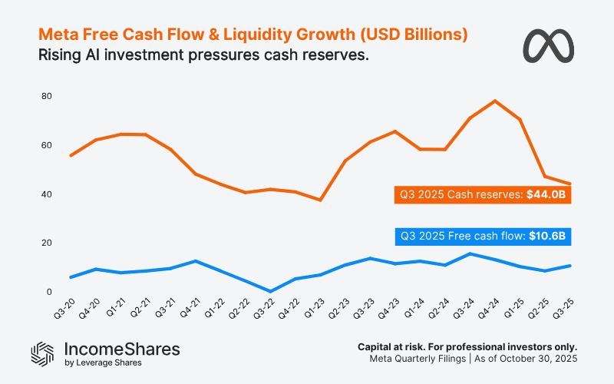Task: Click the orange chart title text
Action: [253, 35]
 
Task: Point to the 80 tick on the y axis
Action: [47, 96]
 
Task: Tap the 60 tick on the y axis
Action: [47, 145]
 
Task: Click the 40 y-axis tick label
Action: [47, 194]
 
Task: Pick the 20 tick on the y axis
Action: [47, 243]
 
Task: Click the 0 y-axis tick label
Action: [49, 292]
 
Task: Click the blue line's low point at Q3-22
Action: [270, 292]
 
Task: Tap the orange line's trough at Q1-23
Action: [320, 200]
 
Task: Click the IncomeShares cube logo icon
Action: [41, 353]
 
